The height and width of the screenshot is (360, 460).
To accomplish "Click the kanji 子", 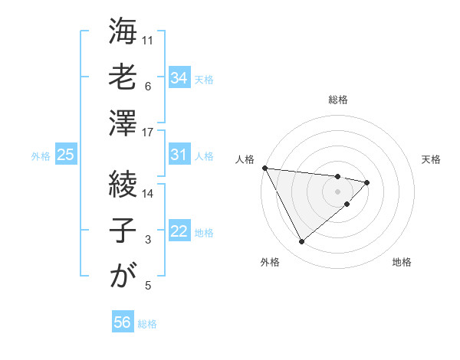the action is coord(123,230).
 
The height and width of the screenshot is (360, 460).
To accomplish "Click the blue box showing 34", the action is coord(179,78).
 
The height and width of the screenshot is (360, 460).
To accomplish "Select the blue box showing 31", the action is coord(179,155).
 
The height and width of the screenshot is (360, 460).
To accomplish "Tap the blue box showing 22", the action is coord(179,231).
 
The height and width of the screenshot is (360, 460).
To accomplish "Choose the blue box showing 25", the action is coord(66,155).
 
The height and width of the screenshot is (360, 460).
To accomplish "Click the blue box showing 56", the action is coord(123,322).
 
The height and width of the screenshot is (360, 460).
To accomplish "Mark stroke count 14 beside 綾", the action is coord(148,193).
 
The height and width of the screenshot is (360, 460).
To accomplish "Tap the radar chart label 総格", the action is coord(338,100).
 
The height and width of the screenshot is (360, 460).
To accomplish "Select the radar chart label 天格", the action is coord(432,159).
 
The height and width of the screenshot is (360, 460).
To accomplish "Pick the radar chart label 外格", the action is coord(270,262).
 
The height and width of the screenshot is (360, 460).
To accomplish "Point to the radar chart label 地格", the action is coord(402,262).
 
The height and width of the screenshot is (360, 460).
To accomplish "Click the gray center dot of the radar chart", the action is coord(337,191).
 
